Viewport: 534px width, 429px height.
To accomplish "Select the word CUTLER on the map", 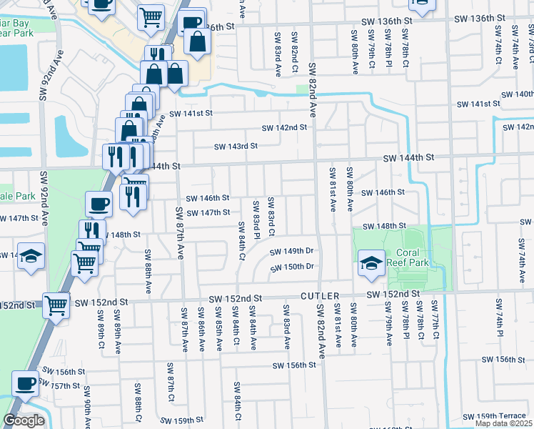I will pos(321,295).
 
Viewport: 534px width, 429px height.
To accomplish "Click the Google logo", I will pos(24,420).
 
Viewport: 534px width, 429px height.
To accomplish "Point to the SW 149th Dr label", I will pos(292,251).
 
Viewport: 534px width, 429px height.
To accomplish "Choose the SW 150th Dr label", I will pos(292,267).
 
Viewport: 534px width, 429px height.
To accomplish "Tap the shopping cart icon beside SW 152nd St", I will pos(56,305).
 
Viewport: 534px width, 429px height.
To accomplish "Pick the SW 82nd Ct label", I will pos(294,52).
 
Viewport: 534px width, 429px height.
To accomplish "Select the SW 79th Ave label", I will pos(390,324).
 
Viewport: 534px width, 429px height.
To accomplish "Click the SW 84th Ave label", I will pos(253,327).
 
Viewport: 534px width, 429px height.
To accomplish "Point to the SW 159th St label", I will pos(184,420).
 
